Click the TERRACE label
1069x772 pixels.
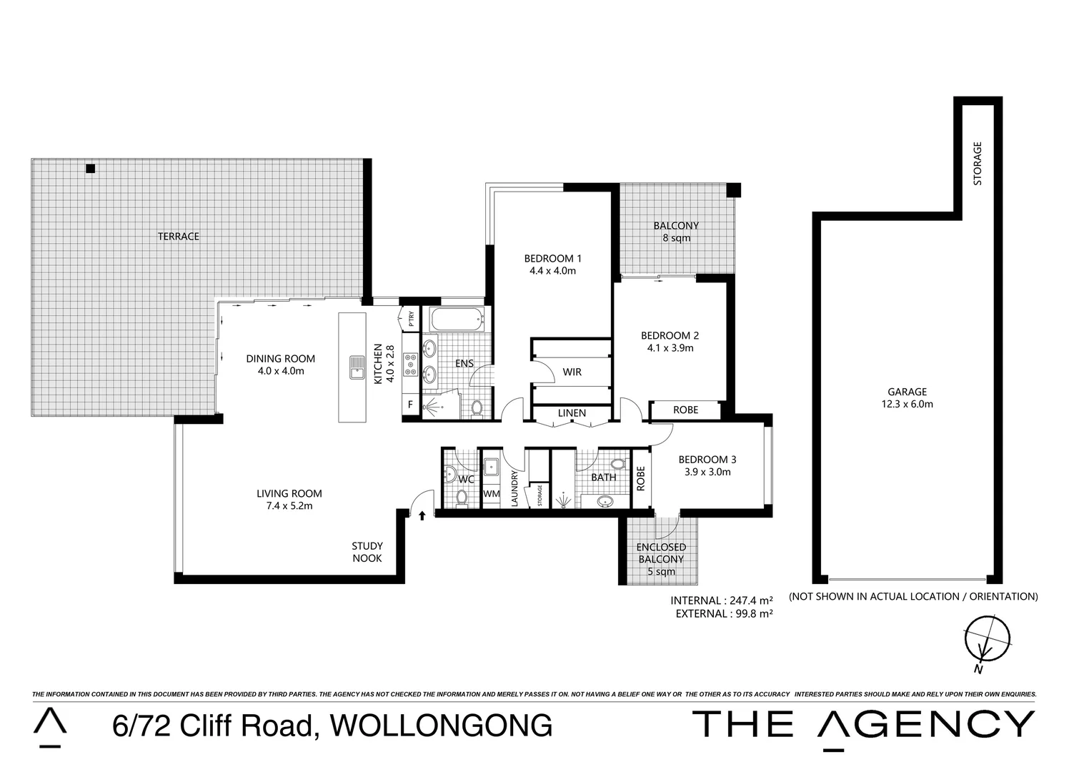pyautogui.click(x=179, y=236)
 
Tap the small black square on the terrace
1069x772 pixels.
pyautogui.click(x=90, y=169)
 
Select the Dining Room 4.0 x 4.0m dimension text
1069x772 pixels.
pyautogui.click(x=280, y=371)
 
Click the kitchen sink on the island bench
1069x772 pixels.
pyautogui.click(x=356, y=367)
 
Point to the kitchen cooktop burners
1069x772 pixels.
pyautogui.click(x=411, y=365)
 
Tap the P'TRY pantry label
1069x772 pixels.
pyautogui.click(x=411, y=318)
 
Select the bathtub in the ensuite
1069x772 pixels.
pyautogui.click(x=456, y=320)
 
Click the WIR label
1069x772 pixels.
pyautogui.click(x=572, y=372)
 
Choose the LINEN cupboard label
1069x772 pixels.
pyautogui.click(x=572, y=413)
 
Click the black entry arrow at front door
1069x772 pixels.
pyautogui.click(x=422, y=514)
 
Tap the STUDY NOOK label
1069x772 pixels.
pyautogui.click(x=367, y=552)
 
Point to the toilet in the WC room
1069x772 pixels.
pyautogui.click(x=462, y=497)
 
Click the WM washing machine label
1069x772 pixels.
pyautogui.click(x=491, y=493)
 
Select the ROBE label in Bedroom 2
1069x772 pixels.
pyautogui.click(x=686, y=410)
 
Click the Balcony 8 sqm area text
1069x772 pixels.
pyautogui.click(x=676, y=232)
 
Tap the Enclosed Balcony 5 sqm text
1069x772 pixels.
pyautogui.click(x=661, y=559)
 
